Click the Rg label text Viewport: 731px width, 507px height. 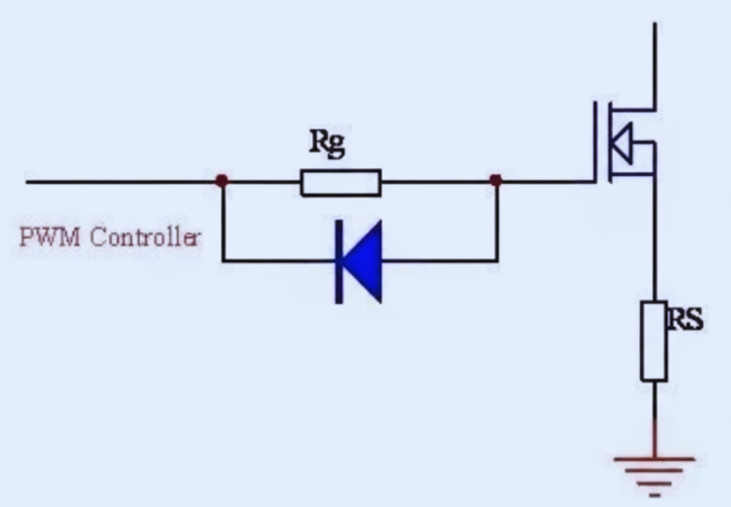click(328, 143)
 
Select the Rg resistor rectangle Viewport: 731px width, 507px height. click(341, 183)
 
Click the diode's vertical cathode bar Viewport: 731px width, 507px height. click(339, 261)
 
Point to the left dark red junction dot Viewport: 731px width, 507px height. click(223, 181)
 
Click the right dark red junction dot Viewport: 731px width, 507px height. click(496, 181)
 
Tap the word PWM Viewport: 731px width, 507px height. click(41, 238)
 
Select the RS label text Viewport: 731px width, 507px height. click(685, 319)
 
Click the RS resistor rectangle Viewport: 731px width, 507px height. click(654, 341)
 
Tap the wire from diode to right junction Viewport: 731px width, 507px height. click(440, 261)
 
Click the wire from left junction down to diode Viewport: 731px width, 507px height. click(223, 225)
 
